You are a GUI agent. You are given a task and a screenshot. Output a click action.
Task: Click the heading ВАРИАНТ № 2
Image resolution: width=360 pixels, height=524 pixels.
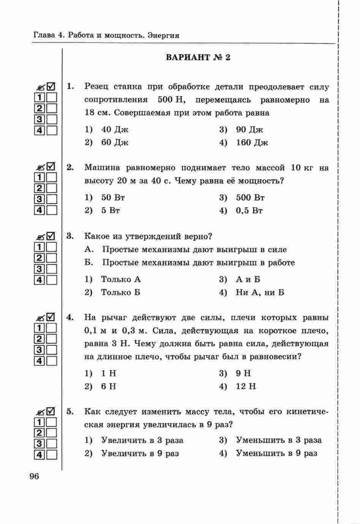click(198, 58)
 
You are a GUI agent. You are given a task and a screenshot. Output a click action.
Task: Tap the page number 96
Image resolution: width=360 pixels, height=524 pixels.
click(34, 476)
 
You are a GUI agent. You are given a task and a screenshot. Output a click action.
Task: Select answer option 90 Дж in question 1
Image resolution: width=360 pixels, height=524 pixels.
click(249, 130)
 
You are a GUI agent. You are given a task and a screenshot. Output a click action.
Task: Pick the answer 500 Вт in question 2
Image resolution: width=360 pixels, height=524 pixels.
click(250, 198)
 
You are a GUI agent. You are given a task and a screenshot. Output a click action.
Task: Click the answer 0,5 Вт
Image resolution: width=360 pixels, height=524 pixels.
click(249, 211)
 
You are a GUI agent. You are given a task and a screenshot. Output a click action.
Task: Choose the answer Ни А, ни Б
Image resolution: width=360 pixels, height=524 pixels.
click(260, 293)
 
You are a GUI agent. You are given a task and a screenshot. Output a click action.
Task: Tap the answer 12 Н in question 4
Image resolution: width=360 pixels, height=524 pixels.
click(246, 386)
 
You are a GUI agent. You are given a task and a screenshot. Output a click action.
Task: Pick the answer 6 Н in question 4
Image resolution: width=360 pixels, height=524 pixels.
click(108, 386)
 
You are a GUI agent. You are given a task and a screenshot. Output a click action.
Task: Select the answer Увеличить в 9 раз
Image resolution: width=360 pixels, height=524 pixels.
click(140, 453)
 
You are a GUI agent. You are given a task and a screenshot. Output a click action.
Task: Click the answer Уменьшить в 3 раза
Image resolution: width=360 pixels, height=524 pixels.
click(279, 440)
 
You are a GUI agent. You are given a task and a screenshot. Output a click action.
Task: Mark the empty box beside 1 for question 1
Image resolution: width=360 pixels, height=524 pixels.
click(52, 98)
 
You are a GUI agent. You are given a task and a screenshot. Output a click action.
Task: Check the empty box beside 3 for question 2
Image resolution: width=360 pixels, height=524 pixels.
click(52, 199)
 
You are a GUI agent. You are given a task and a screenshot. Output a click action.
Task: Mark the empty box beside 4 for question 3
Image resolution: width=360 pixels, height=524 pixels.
click(52, 280)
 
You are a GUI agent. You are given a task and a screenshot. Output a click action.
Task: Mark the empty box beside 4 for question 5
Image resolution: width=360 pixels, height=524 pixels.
click(52, 454)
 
